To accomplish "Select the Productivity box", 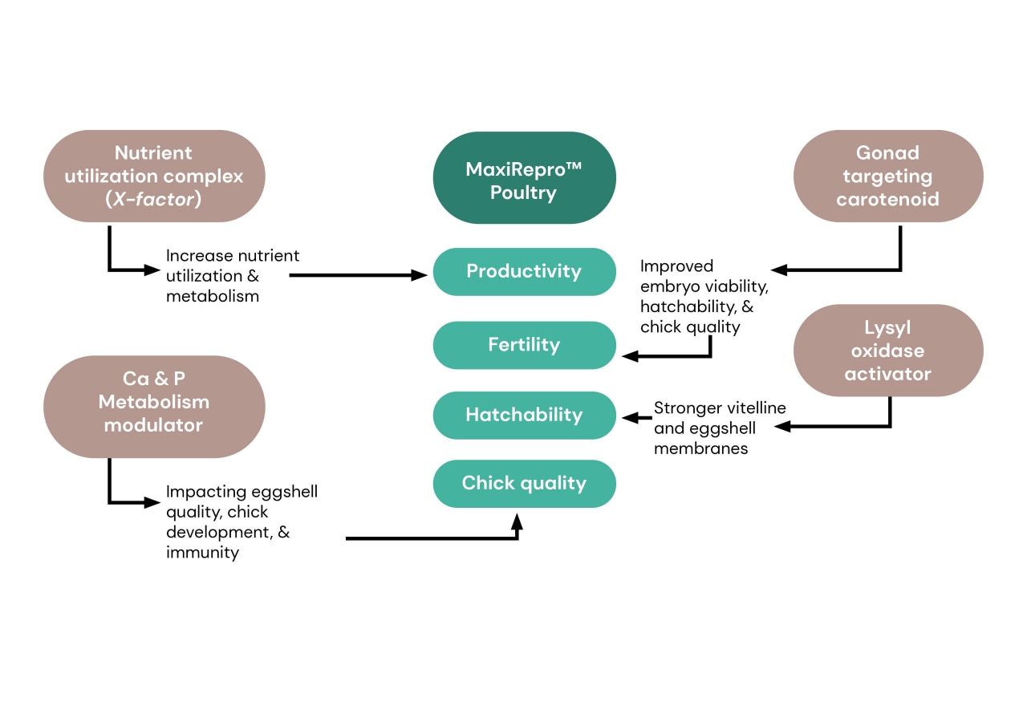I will (x=524, y=271).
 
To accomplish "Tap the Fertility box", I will (x=524, y=345).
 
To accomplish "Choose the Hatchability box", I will (x=524, y=415).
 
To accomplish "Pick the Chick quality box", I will (x=524, y=483).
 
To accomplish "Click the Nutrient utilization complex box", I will (x=154, y=176).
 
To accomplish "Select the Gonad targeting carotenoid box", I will (x=887, y=176).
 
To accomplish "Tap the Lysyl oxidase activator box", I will (x=887, y=351).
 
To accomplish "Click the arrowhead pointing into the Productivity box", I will (x=419, y=275).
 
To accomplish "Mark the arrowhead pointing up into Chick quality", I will (x=517, y=522).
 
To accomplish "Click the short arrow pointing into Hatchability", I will (x=635, y=417).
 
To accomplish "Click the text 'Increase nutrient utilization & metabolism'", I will (x=233, y=275).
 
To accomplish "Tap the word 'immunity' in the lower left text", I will (x=202, y=552).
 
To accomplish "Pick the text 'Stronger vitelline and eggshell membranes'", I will (x=720, y=428).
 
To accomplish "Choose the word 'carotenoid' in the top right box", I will (x=887, y=199).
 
